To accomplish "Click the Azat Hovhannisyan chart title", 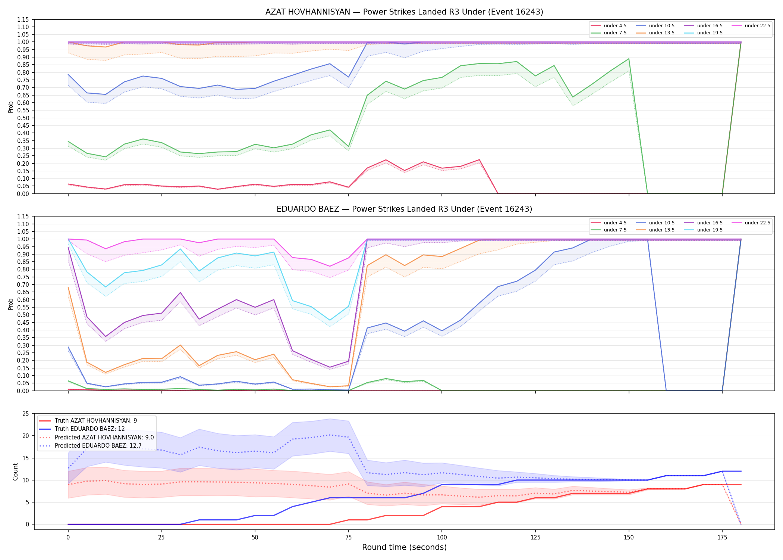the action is pos(404,12).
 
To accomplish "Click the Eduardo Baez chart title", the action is pos(404,209).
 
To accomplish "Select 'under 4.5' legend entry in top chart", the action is pos(609,26).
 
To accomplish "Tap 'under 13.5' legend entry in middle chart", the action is pos(655,230).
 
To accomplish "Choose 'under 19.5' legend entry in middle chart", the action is pos(704,230).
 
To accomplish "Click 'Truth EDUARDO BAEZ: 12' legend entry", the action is pos(82,429).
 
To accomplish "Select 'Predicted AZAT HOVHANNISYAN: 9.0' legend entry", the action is pos(97,437).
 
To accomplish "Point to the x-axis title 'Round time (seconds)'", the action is pos(404,547).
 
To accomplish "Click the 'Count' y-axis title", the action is pos(15,472).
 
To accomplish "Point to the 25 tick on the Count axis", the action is pos(26,414).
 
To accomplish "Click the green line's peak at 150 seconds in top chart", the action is pos(629,59).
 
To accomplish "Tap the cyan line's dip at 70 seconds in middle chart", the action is pos(330,320).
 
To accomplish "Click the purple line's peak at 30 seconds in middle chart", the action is pos(180,292).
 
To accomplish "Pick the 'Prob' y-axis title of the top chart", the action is pos(11,107).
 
